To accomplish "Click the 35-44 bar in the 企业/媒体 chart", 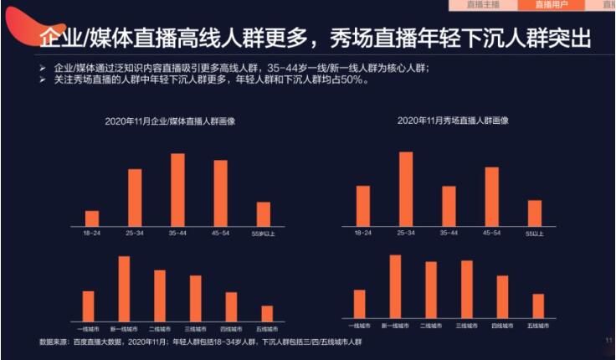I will coord(177,190).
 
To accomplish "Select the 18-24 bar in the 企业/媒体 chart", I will coord(92,219).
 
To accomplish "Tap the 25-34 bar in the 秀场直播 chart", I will coord(406,189).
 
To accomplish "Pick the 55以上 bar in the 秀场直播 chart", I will coord(535,213).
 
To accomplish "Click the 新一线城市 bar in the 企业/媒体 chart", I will coord(124,289).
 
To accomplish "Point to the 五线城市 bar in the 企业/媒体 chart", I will coord(267,313).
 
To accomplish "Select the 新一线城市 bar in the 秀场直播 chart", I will coord(395,286).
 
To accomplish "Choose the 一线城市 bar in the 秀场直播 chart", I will coord(360,304).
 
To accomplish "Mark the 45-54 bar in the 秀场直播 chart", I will coord(492,197).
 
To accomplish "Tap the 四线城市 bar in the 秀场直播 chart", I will coord(502,296).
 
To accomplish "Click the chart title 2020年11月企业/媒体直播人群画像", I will coord(170,121).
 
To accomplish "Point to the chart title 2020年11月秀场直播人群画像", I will coord(453,121).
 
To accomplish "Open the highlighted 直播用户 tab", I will coord(557,5).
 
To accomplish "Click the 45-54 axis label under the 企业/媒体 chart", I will coord(220,234).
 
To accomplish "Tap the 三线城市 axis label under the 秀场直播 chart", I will coord(466,325).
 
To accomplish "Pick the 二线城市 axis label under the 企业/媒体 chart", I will coord(159,329).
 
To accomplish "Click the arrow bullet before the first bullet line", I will coord(43,65).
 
